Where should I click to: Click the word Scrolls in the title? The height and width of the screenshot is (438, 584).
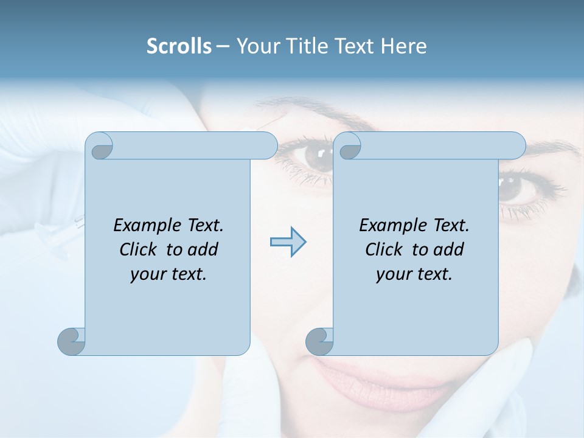click(x=179, y=46)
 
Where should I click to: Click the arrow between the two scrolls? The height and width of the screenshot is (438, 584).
click(x=288, y=242)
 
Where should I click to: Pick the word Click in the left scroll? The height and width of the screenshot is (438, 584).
click(x=139, y=249)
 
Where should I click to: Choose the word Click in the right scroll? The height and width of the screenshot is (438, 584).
click(x=385, y=249)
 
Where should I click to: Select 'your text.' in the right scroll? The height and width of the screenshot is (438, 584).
click(x=414, y=274)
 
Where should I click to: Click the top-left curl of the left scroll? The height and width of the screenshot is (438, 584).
click(x=100, y=146)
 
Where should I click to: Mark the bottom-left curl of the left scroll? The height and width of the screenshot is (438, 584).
click(x=71, y=341)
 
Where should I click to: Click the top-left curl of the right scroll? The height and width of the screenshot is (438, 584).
click(x=348, y=146)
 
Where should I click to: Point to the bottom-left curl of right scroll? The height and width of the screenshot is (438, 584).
click(x=319, y=341)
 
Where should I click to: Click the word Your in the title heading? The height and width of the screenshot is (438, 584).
click(x=255, y=46)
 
